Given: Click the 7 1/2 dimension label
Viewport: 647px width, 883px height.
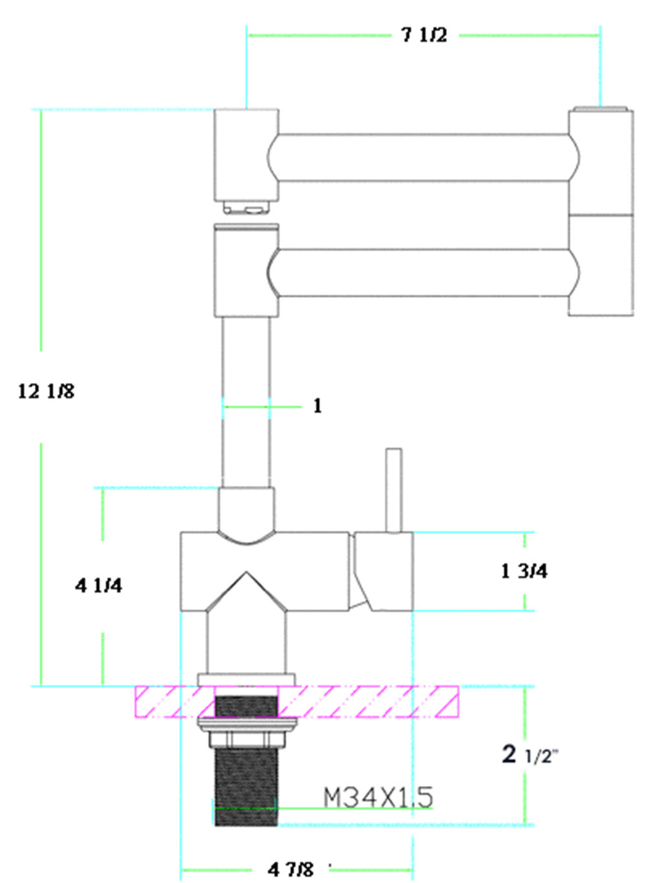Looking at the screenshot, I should pos(424,35).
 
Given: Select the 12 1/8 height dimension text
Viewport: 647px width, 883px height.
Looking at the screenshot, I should pos(46,391).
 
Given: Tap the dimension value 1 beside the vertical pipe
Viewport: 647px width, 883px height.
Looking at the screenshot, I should pos(317,406).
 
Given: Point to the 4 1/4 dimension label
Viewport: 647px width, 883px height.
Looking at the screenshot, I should pos(98,585).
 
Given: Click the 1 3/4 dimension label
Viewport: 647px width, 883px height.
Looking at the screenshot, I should pos(524,571).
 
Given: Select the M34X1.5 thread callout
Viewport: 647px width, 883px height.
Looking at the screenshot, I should pos(378,798).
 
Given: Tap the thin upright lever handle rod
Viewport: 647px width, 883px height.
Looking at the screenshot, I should pos(393,490).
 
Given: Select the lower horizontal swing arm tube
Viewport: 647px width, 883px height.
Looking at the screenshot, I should pos(424,272).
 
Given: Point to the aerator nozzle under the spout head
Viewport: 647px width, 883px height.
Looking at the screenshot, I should pos(247,208).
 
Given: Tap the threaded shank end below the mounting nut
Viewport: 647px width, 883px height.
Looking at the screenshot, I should pos(245,786).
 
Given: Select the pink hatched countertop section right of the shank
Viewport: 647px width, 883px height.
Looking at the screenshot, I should pos(369,702).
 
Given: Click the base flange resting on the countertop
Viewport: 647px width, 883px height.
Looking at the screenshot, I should pos(247,679).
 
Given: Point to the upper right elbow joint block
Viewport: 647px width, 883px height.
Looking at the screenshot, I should pos(601,162).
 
